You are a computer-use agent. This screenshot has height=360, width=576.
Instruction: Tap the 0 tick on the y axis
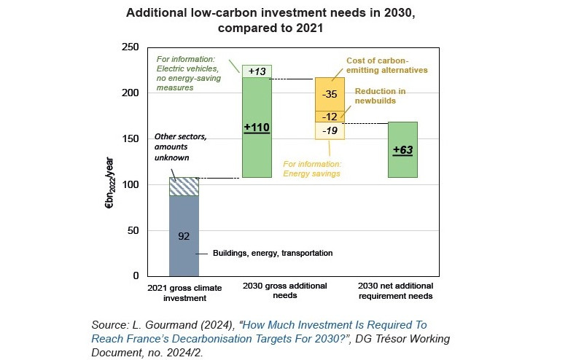(135, 276)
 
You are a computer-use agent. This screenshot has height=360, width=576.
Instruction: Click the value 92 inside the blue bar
(184, 236)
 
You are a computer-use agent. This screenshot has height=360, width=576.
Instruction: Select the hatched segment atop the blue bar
(184, 187)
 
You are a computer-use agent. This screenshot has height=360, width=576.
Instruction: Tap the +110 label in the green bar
(257, 128)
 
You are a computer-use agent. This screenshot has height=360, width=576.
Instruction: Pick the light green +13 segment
(257, 71)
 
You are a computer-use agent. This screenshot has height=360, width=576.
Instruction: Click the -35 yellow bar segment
(330, 94)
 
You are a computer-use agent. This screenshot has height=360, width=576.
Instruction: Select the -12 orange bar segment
(330, 117)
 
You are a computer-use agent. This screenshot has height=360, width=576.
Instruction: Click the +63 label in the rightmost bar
(402, 150)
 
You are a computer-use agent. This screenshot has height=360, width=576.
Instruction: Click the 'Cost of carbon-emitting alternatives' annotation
(386, 66)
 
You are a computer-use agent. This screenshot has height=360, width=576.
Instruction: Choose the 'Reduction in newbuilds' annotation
(380, 95)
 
